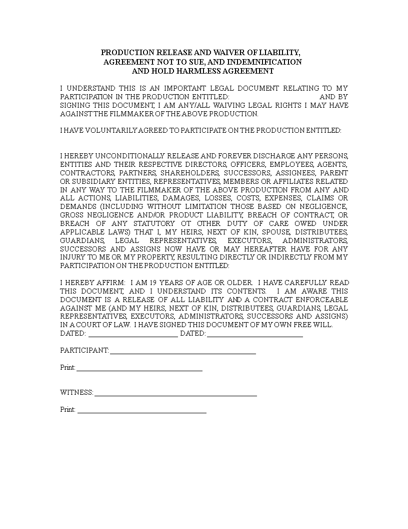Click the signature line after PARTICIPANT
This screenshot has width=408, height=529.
(x=182, y=353)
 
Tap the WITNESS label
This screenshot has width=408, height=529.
(x=76, y=393)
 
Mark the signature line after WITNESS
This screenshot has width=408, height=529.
(x=175, y=395)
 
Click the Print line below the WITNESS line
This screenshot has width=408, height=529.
(x=142, y=412)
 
